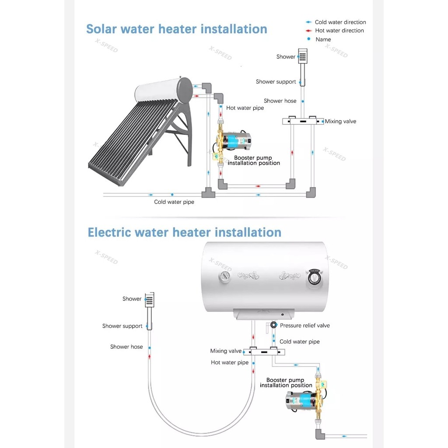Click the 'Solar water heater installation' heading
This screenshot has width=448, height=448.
point(177,29)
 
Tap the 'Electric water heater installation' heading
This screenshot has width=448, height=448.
point(184,232)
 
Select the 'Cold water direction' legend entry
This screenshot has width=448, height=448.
point(336,22)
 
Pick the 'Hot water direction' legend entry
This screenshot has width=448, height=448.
point(335,31)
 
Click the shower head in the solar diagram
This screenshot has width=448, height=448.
point(303,56)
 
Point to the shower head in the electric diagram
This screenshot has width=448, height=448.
point(150,300)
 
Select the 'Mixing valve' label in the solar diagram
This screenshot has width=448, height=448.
point(340,121)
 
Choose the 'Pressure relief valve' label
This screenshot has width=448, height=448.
point(305,325)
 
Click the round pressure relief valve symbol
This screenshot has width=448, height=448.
point(273,325)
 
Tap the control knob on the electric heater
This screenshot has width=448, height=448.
point(314,277)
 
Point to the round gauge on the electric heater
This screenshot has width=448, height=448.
point(224,276)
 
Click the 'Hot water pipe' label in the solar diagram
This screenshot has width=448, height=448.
point(245,108)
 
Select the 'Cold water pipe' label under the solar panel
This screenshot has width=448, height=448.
point(174,202)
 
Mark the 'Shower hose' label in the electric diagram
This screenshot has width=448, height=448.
point(126,346)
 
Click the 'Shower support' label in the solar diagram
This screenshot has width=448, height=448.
point(276,82)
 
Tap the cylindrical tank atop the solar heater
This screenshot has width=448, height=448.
point(164,91)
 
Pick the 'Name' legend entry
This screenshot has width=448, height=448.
point(323,39)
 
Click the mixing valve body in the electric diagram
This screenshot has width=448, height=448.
point(264,352)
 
